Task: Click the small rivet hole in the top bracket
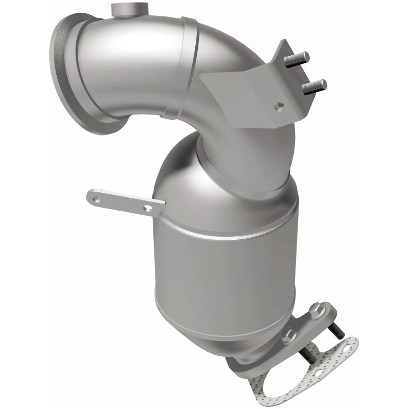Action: pos(279,106)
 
